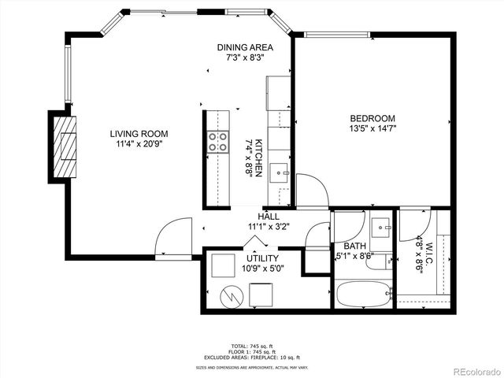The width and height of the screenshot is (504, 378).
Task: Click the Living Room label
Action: click(139, 134)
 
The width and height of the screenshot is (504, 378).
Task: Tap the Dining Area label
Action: click(246, 47)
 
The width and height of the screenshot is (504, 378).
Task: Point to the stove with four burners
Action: click(217, 141)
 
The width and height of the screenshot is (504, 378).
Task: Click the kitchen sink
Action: click(280, 173)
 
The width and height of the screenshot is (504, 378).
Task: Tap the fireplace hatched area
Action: click(67, 146)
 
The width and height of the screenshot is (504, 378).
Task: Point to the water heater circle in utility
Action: click(232, 296)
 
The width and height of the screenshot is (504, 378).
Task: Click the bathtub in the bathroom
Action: click(363, 295)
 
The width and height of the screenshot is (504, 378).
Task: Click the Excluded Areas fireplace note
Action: click(251, 357)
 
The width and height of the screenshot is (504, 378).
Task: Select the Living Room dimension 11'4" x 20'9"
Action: click(139, 144)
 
